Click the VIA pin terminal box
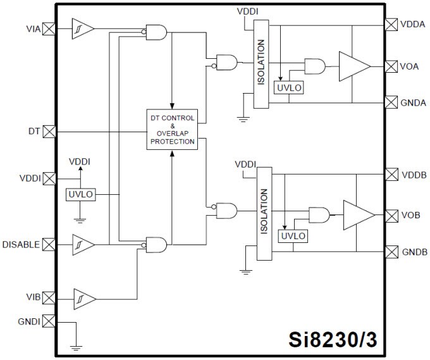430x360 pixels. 49,28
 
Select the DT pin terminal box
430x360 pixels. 49,132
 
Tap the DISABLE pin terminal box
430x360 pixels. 49,244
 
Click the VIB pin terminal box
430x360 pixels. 49,297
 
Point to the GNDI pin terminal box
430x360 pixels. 49,322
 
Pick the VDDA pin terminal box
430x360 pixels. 391,24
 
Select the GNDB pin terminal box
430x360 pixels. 391,252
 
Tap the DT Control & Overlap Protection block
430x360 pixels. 172,129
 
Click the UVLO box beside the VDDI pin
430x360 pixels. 81,195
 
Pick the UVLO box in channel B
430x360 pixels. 292,236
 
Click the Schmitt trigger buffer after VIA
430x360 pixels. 82,28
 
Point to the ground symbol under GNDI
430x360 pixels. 77,347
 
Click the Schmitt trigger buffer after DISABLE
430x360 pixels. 82,244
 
